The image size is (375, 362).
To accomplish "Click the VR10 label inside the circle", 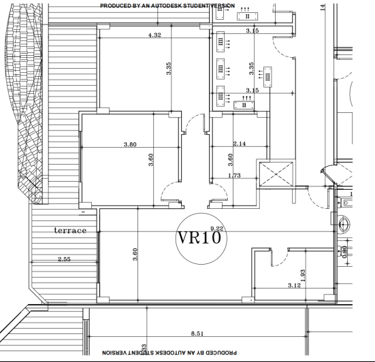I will pos(199,238).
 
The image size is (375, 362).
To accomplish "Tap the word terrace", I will pos(71,231).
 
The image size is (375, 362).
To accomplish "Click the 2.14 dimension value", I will pos(239,144).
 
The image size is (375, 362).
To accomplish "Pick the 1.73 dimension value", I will pos(234,176).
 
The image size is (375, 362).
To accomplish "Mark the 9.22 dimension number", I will pos(217,229).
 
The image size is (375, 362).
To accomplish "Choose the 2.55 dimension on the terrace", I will pos(64,259).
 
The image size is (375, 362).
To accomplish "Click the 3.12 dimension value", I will pos(294,285).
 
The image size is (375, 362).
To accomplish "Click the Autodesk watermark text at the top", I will pos(167,5).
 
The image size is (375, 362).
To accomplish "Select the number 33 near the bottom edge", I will pos(143,348).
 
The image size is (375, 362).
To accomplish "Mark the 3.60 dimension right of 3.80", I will pos(151,161).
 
